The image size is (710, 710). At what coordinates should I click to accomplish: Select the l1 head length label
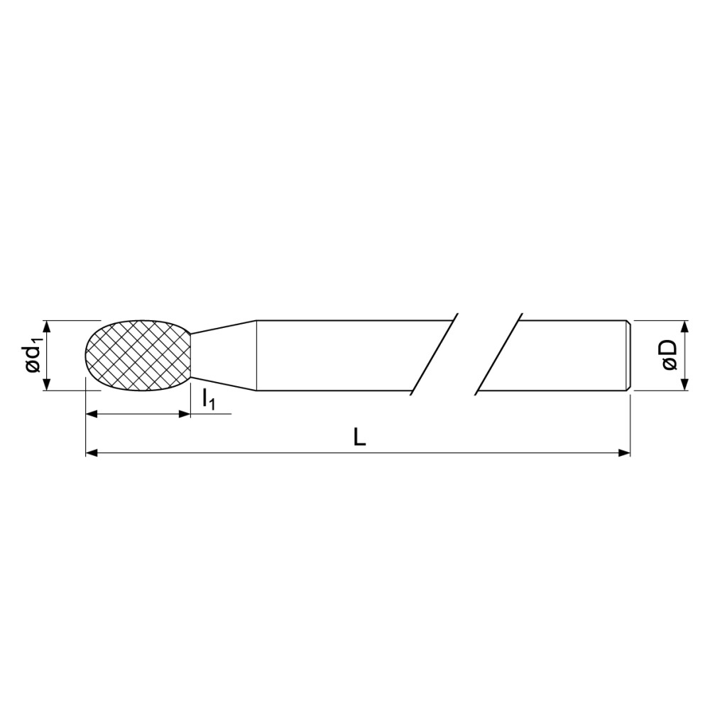click(209, 400)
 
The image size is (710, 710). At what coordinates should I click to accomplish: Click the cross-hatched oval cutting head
click(138, 355)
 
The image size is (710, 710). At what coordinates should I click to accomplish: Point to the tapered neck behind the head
click(224, 356)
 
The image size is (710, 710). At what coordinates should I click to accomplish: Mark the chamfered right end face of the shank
click(628, 356)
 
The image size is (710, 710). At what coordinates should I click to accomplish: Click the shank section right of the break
click(568, 356)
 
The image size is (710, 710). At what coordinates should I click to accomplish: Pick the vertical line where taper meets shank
click(256, 356)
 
